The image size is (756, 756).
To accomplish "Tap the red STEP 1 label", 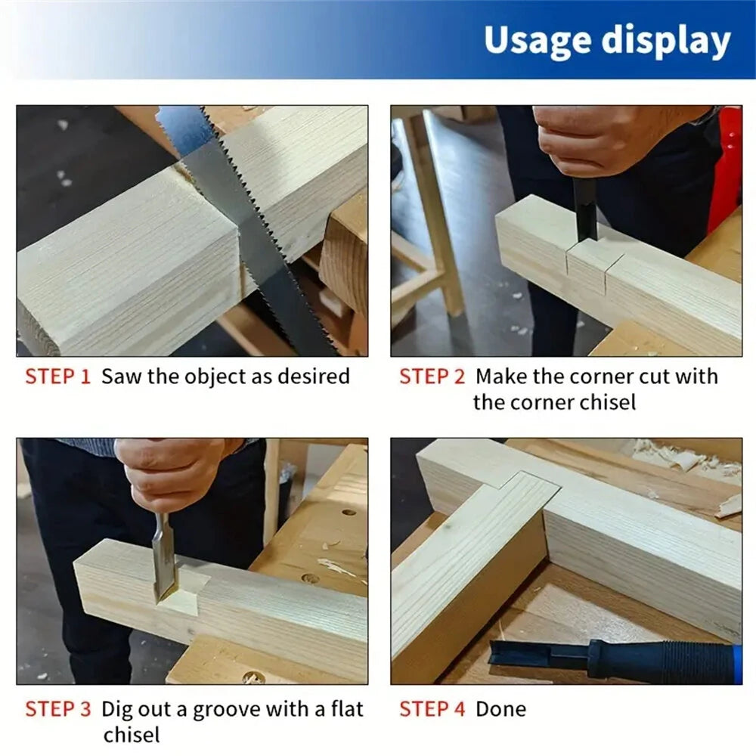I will coord(57,376).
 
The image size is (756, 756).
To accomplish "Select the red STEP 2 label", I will coord(432,376).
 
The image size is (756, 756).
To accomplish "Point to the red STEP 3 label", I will coord(58,709).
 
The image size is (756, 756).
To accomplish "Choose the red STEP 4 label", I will coord(432,709).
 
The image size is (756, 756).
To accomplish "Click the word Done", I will coord(500,709).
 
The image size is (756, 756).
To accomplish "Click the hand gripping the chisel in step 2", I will coord(597,140).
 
